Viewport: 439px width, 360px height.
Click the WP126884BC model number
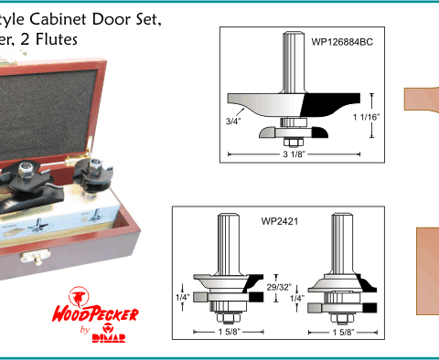342,42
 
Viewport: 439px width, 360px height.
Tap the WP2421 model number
280,221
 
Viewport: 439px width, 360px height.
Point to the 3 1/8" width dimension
294,154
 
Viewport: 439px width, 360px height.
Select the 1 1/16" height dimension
367,117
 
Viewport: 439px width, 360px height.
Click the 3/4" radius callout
233,122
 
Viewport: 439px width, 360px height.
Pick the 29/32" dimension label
279,287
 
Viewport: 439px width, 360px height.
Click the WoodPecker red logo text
95,314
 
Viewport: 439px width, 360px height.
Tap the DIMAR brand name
109,338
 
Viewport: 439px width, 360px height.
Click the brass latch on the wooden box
35,256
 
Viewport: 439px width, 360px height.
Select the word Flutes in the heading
57,39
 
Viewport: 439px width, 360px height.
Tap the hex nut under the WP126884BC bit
294,143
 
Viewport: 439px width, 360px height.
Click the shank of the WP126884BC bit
294,62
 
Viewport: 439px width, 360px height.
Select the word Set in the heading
150,20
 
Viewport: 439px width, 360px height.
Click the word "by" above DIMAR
85,330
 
